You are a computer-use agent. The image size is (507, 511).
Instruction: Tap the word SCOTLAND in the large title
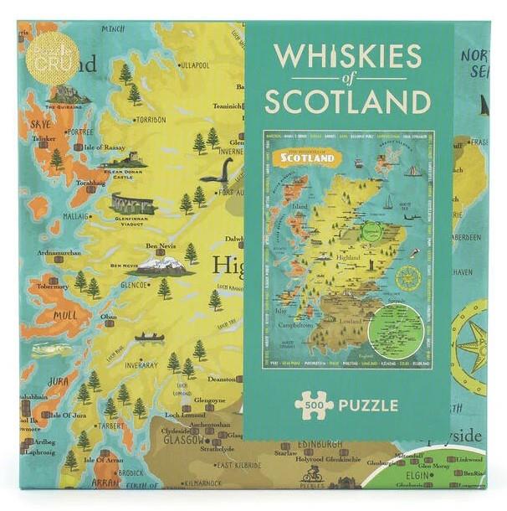[347, 101]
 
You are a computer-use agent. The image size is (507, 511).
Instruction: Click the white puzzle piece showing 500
[314, 405]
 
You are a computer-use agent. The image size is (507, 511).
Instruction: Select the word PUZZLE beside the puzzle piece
[367, 405]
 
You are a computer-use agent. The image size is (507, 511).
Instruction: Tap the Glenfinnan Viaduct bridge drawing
[133, 204]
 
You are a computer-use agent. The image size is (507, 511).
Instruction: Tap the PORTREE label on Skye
[79, 131]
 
